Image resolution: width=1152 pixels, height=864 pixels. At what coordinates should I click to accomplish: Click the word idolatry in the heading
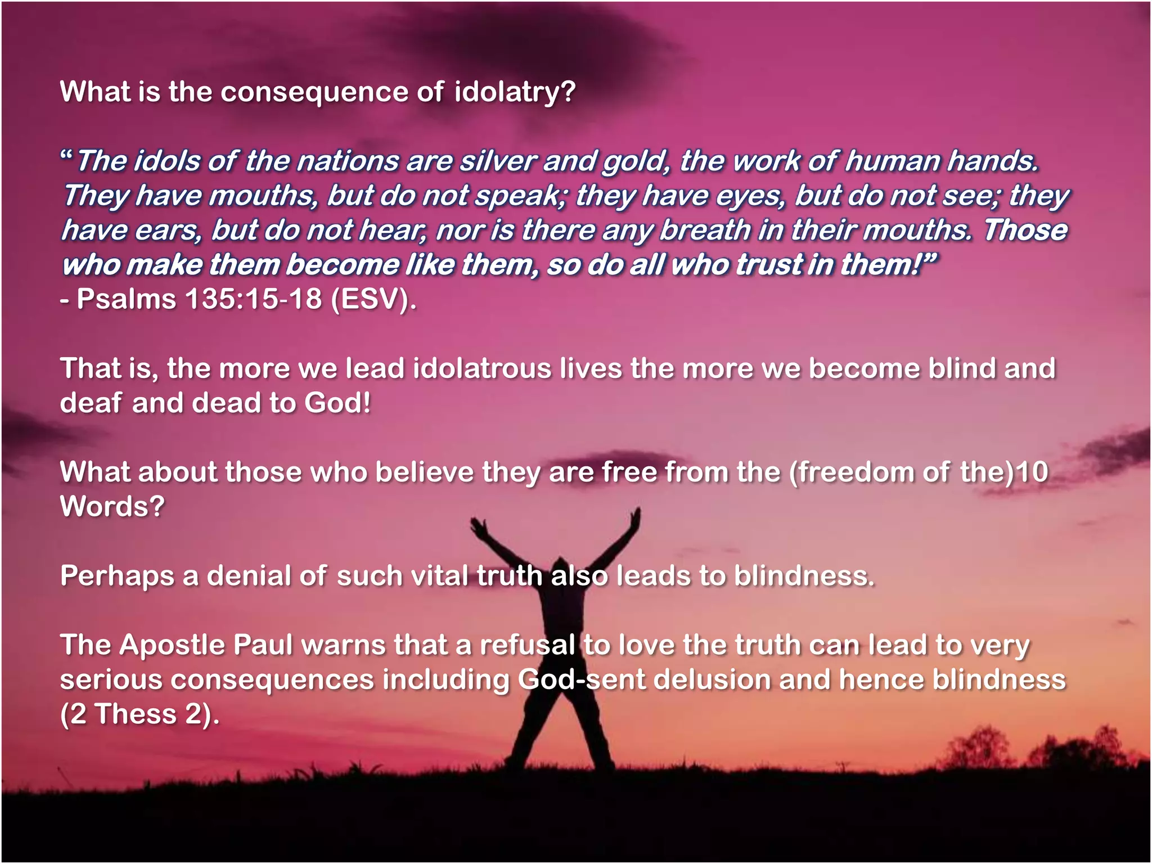click(x=515, y=92)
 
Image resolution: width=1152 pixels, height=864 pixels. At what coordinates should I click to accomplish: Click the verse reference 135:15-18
click(x=253, y=299)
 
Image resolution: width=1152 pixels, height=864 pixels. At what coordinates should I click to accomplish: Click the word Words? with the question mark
click(x=112, y=506)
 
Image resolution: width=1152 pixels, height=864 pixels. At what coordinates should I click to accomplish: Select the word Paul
click(x=263, y=645)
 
